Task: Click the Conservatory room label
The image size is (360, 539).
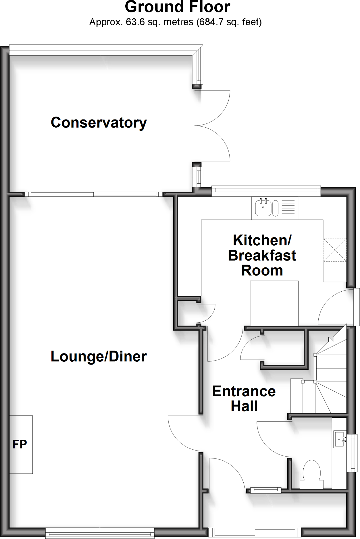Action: click(x=98, y=123)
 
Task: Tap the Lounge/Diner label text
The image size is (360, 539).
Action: click(x=98, y=357)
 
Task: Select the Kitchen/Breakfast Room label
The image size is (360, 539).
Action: click(x=262, y=255)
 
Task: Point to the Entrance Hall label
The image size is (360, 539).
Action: click(x=244, y=398)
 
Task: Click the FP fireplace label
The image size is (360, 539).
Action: click(x=19, y=445)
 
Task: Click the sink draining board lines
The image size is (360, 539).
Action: click(x=289, y=208)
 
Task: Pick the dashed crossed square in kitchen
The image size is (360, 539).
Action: click(x=335, y=250)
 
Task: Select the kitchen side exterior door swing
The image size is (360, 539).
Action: click(x=333, y=309)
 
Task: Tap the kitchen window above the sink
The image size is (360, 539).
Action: click(x=266, y=191)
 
